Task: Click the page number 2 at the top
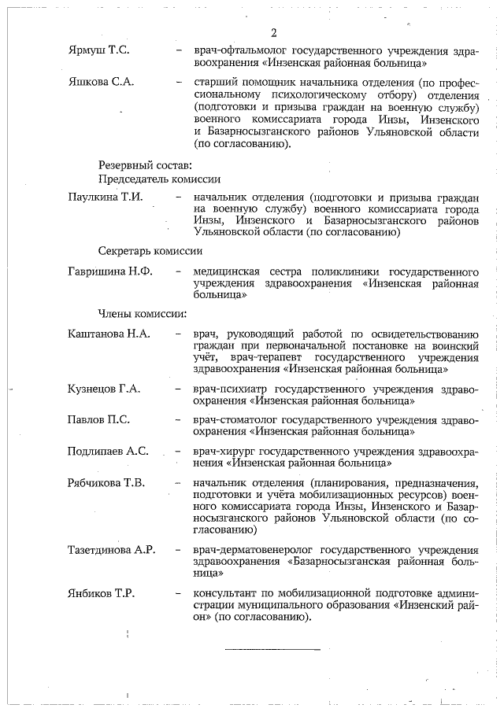[x=273, y=32]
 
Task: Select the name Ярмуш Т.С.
[x=98, y=50]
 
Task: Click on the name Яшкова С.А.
[x=101, y=83]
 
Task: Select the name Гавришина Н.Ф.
[x=111, y=271]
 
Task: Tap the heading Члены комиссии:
[x=142, y=315]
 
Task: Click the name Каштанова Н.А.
[x=109, y=334]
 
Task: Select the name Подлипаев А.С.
[x=108, y=452]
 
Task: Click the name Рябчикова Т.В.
[x=106, y=483]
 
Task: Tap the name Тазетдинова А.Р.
[x=112, y=549]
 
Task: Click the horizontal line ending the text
[x=272, y=649]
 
